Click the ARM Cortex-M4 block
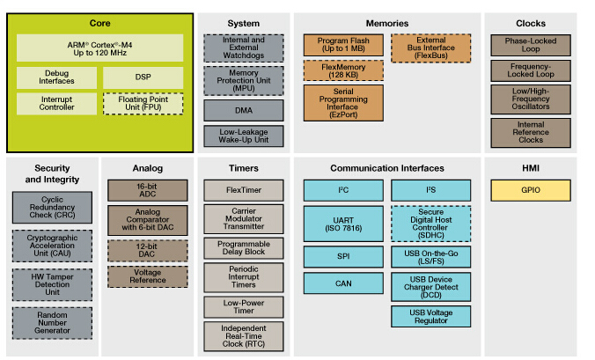point(99,48)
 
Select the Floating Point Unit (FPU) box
point(143,105)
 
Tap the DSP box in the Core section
point(143,77)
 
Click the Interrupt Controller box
point(55,105)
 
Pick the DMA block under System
point(244,110)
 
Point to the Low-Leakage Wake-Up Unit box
point(244,136)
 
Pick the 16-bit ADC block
point(148,189)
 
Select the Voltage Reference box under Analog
point(148,276)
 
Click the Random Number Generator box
point(52,322)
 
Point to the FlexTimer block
point(244,189)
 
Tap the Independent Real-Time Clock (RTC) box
point(244,334)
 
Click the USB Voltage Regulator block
point(430,316)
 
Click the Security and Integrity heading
point(52,173)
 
